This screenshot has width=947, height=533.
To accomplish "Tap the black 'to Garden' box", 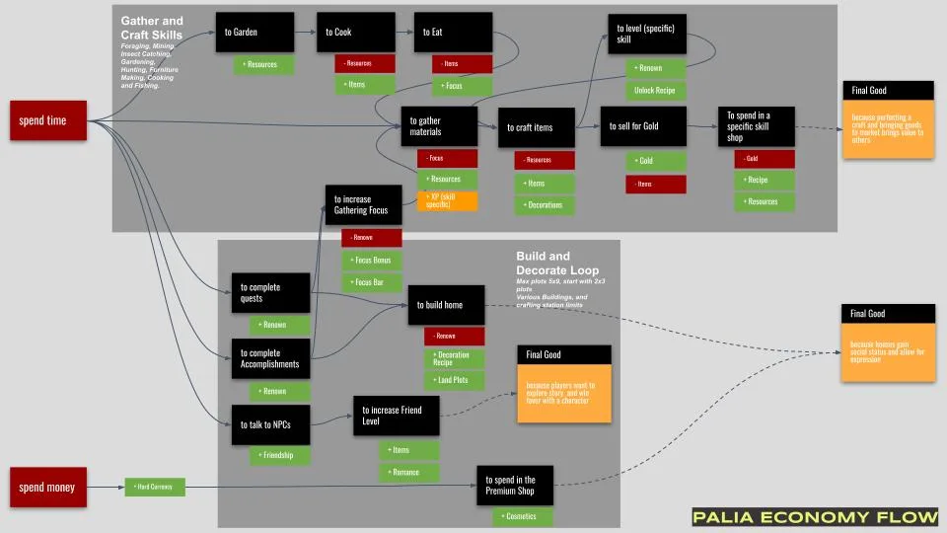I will pos(254,33).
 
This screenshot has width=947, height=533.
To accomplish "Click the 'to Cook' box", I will pos(355,33).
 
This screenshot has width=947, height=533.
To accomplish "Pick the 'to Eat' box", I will pos(453,33).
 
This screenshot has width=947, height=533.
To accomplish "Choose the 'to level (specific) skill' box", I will pos(645,35).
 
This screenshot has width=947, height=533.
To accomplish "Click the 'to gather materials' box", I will pos(438,125).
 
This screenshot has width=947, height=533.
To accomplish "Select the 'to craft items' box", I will pos(537,127).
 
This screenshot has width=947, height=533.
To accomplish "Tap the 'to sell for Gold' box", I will pos(642,126).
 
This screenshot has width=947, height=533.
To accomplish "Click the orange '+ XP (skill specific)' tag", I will pos(447,200).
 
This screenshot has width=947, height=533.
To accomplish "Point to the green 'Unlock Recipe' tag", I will pos(656,91).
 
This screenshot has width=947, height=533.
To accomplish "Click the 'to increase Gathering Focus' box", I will pos(363,204).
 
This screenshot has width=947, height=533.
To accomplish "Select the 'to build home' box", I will pos(450,306).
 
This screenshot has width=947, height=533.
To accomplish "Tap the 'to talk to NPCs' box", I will pos(270,424).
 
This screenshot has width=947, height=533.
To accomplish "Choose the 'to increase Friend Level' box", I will pos(396,416).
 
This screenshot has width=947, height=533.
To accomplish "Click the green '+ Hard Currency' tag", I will pos(154,487).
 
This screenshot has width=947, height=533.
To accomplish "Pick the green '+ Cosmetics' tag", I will pos(523,516).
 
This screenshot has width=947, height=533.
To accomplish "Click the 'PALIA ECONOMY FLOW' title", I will pos(814,516).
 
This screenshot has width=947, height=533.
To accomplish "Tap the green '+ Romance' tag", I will pos(408,473).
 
